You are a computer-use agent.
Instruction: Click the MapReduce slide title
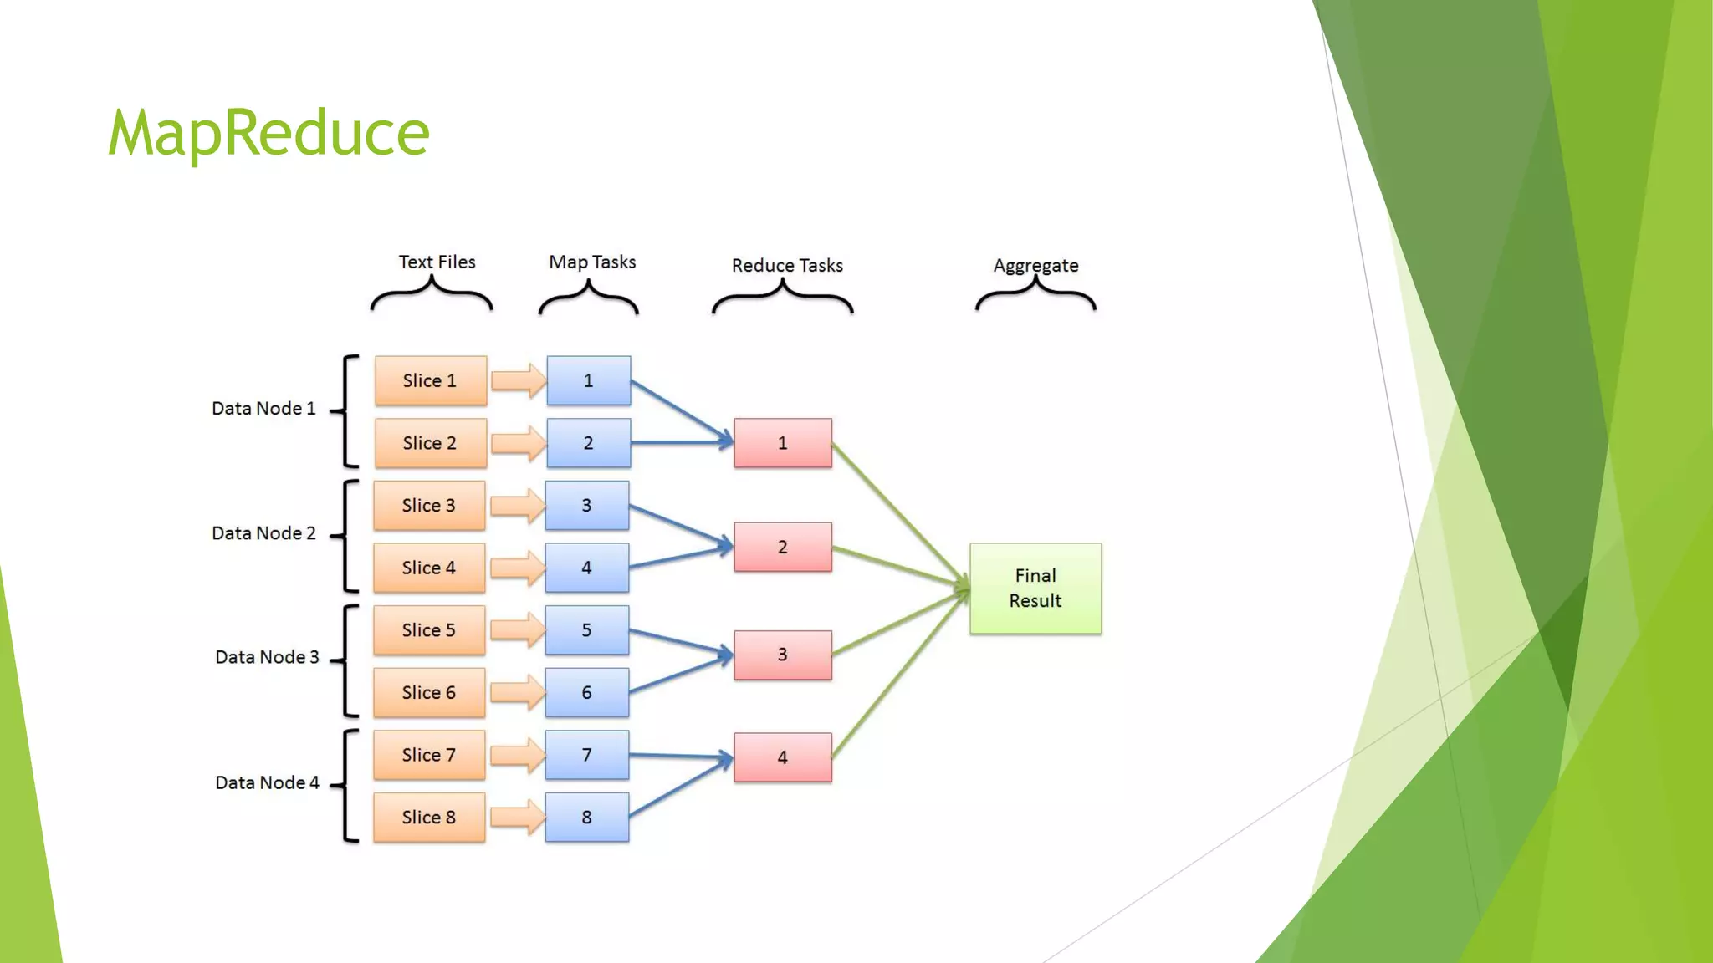coord(268,133)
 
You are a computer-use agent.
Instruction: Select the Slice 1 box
coord(430,380)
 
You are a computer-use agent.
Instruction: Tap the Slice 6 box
coord(428,692)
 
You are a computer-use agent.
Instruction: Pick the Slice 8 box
coord(428,817)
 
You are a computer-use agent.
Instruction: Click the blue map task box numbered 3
coord(586,505)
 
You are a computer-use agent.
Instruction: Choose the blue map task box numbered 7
coord(586,755)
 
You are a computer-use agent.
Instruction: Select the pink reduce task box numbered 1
coord(782,443)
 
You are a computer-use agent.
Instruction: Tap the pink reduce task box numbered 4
coord(782,757)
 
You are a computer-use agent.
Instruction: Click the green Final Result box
coord(1035,588)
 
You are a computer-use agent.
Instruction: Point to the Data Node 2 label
coord(263,533)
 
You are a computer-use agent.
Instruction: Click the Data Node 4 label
coord(267,782)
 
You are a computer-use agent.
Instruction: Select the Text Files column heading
coord(437,262)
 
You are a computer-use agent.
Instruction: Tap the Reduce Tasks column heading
coord(787,265)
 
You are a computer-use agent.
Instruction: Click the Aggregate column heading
coord(1035,265)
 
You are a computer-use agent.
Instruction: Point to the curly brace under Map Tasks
coord(589,298)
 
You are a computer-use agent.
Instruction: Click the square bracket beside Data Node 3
coord(349,660)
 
